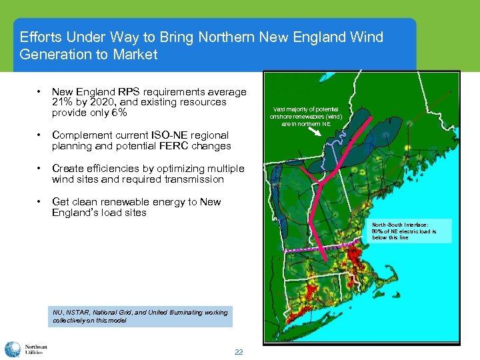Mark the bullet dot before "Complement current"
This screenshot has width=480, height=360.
pyautogui.click(x=41, y=135)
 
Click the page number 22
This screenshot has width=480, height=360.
pyautogui.click(x=239, y=352)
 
